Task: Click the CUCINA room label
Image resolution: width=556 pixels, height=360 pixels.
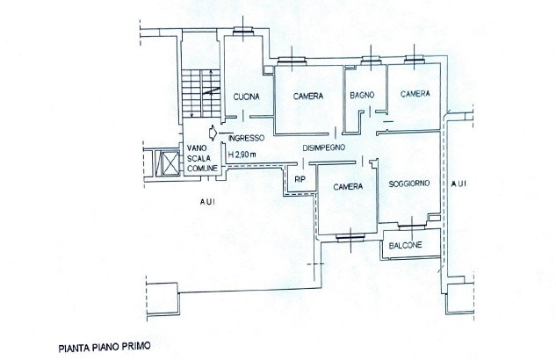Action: tap(247, 97)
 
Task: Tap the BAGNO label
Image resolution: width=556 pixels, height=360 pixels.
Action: tap(362, 95)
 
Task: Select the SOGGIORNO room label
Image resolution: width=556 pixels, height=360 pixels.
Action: tap(408, 184)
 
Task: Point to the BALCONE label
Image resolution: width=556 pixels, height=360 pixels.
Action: tap(405, 245)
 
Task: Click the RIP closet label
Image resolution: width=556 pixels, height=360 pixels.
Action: tap(300, 179)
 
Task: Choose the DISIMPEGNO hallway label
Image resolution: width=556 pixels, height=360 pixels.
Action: tap(324, 148)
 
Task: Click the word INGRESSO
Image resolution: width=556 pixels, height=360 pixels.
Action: tap(247, 138)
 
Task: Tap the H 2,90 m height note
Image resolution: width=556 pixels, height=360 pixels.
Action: tap(242, 155)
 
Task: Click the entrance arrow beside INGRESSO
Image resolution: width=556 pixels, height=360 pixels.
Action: tap(213, 133)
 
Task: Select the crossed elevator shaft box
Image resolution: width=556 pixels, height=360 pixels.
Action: tap(170, 162)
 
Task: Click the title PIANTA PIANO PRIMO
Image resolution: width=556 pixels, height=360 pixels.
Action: tap(105, 347)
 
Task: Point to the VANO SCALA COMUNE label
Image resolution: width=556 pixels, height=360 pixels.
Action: tap(202, 158)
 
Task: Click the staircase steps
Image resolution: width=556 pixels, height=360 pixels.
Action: tap(201, 93)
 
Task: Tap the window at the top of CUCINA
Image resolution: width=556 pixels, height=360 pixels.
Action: tap(243, 32)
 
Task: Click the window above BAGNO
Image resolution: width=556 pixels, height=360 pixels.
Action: tap(371, 61)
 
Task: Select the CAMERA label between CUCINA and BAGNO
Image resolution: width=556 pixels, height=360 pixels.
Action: tap(308, 96)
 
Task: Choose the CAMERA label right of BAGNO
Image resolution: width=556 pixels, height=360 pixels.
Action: tap(415, 94)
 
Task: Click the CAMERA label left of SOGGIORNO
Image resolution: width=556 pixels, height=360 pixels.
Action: tap(348, 186)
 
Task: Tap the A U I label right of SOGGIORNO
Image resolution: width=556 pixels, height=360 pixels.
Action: tap(459, 184)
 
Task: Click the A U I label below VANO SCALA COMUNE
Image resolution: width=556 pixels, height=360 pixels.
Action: tap(207, 202)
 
